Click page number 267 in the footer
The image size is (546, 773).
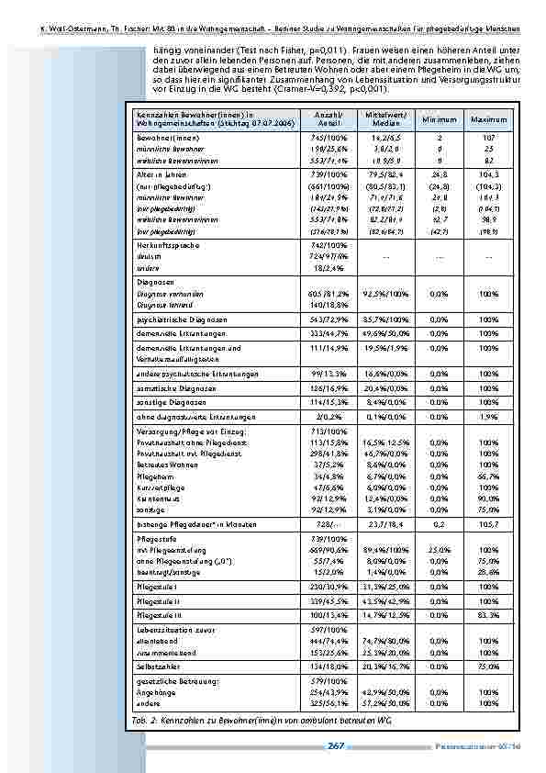336,745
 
